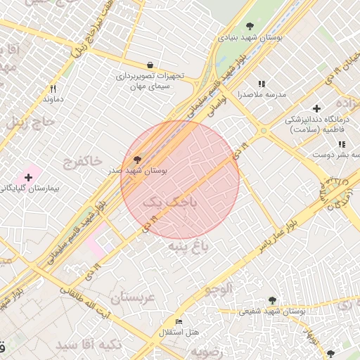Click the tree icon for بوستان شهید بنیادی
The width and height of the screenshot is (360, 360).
pos(250,27)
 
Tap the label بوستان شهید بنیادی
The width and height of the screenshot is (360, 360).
pos(250,39)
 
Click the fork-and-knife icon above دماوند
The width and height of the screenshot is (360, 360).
pos(53,89)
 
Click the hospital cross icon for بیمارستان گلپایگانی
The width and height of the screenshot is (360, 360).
pos(28,178)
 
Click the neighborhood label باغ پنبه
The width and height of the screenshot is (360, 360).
pos(188,246)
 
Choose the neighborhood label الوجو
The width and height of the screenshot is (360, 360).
pos(218,289)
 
